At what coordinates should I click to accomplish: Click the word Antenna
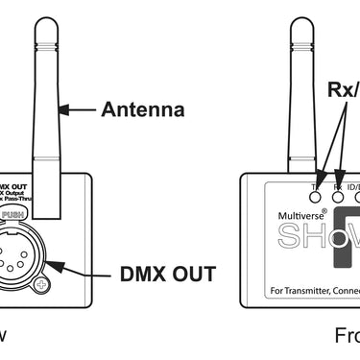(x=143, y=109)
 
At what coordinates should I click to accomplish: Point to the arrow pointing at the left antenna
(x=79, y=109)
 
